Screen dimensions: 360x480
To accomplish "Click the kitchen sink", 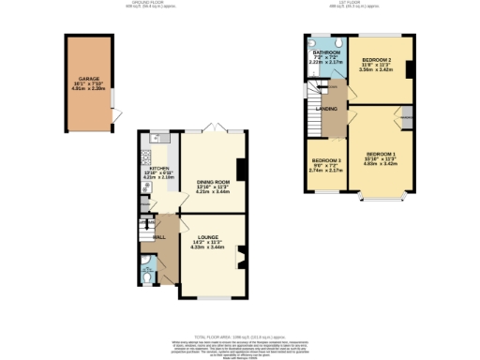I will pos(157,140).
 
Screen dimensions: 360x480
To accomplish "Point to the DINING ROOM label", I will pos(213,182).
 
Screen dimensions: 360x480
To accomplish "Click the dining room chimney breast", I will pos(242,170).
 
